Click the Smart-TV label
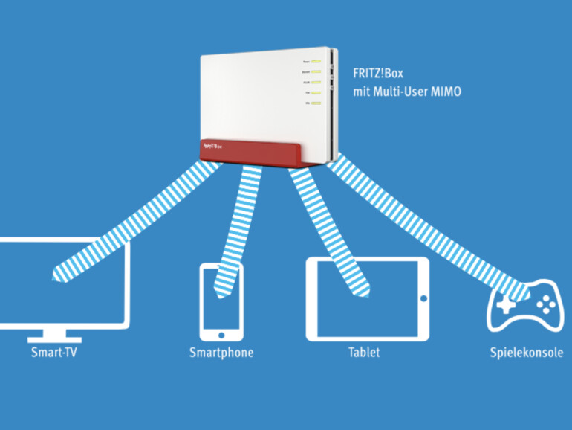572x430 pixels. pyautogui.click(x=53, y=352)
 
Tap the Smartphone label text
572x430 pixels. pyautogui.click(x=221, y=352)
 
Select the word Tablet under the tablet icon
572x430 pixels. pyautogui.click(x=364, y=352)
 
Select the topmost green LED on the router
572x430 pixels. pyautogui.click(x=315, y=60)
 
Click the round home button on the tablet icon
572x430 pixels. pyautogui.click(x=423, y=298)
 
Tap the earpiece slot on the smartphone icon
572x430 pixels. pyautogui.click(x=221, y=269)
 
